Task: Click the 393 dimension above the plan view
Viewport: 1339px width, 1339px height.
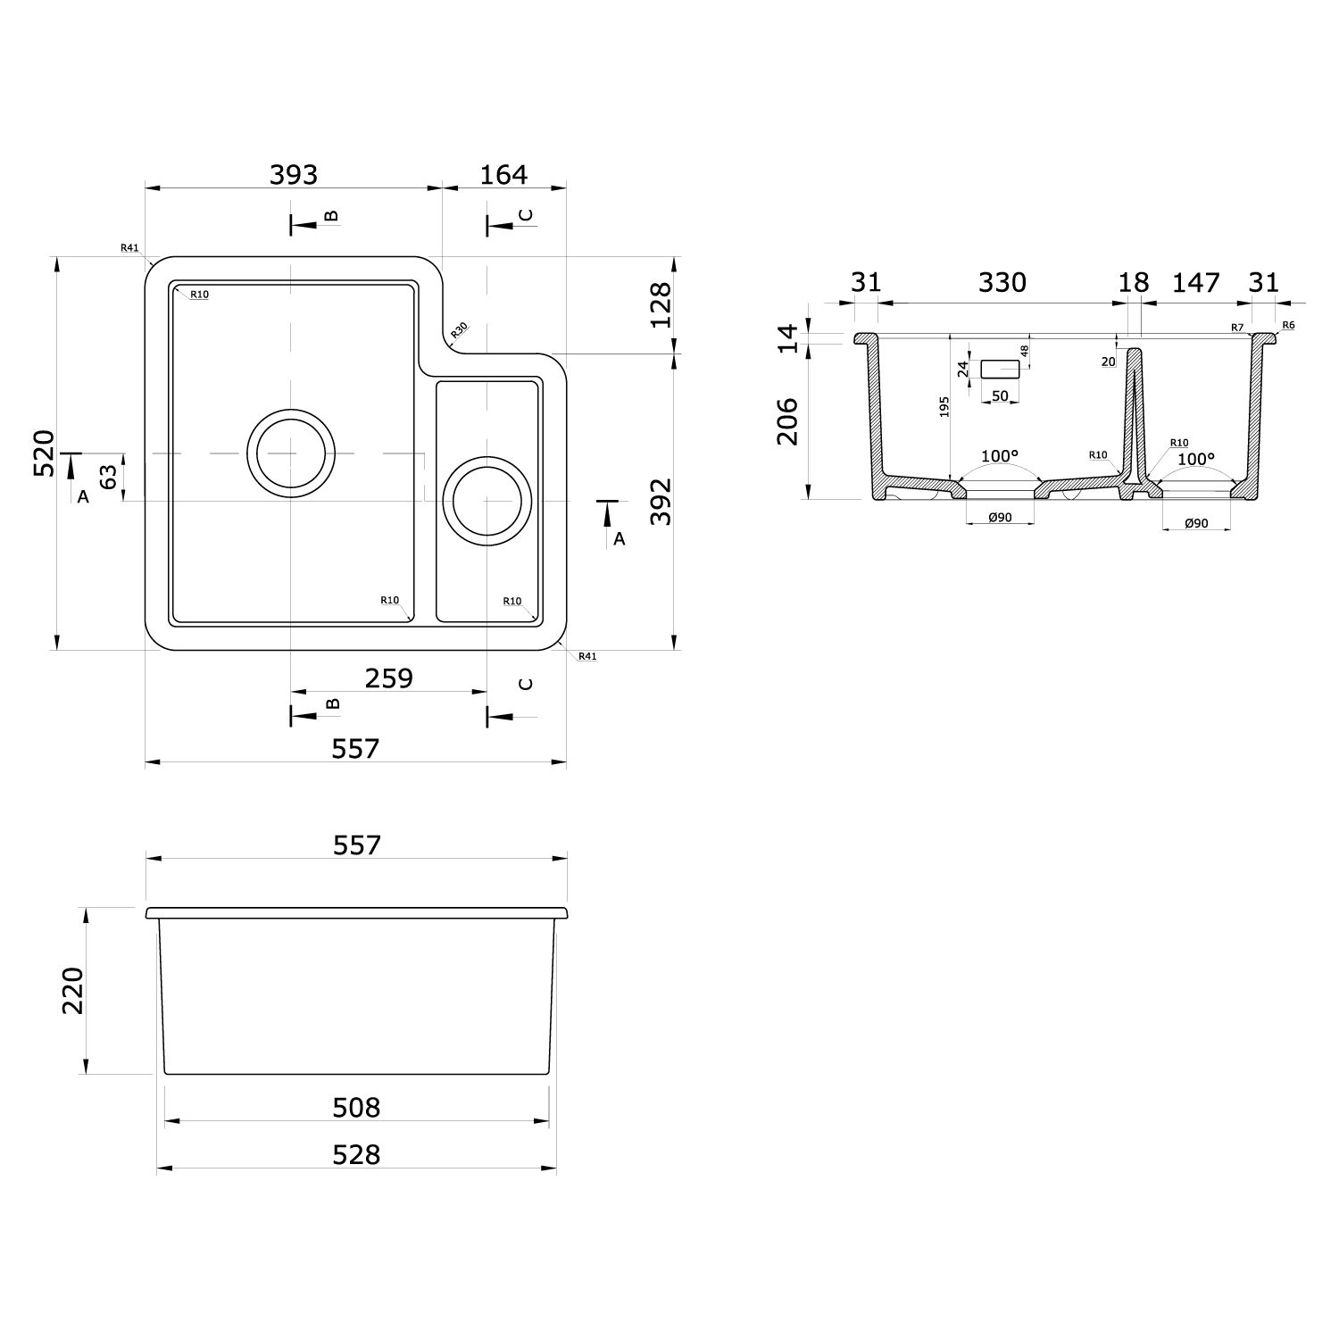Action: point(294,174)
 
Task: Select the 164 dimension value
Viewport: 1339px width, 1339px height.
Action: point(503,174)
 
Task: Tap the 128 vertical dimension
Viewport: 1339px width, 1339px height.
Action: point(660,305)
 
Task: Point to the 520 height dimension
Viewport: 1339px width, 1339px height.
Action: point(45,453)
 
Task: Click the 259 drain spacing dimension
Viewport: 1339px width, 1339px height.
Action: point(389,678)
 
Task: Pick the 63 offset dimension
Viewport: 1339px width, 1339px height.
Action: point(109,477)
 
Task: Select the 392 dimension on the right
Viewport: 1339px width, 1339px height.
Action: point(660,502)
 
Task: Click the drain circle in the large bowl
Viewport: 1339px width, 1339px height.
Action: point(291,453)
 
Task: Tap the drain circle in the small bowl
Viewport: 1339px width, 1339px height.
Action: point(487,501)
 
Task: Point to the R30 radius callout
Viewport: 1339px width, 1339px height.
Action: point(459,331)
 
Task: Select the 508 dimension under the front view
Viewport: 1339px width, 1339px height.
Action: point(356,1107)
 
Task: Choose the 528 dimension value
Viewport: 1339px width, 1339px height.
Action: point(356,1154)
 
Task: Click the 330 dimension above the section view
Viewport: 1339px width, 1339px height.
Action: point(1002,282)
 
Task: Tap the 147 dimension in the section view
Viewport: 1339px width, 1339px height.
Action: point(1195,282)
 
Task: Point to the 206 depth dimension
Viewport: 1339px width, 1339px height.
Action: point(787,421)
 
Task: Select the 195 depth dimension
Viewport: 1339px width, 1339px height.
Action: point(944,406)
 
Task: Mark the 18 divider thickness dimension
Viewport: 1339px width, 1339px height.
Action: point(1134,282)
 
